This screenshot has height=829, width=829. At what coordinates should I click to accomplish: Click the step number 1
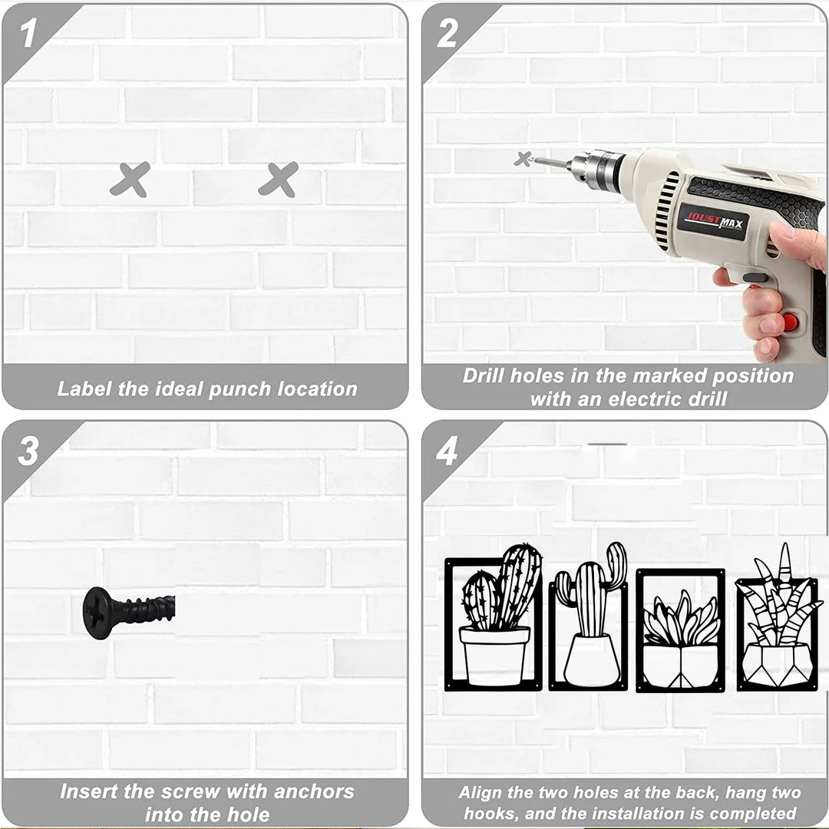[x=28, y=33]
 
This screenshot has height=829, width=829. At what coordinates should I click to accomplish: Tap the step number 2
[x=447, y=33]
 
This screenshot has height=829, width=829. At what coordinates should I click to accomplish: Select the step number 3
[x=28, y=451]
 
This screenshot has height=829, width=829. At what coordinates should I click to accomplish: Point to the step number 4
[x=447, y=451]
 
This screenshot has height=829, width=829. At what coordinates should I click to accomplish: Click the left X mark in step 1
[x=130, y=180]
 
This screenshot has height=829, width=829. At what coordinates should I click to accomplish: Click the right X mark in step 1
[x=279, y=180]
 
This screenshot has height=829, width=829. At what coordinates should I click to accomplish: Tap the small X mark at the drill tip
[x=523, y=159]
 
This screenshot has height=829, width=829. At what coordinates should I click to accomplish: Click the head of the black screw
[x=97, y=613]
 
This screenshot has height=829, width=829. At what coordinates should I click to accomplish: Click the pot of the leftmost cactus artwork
[x=494, y=656]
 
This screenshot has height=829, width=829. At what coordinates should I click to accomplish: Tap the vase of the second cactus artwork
[x=592, y=661]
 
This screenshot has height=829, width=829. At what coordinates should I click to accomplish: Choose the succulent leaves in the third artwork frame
[x=681, y=619]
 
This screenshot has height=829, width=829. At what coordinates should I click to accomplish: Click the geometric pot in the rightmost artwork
[x=777, y=665]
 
